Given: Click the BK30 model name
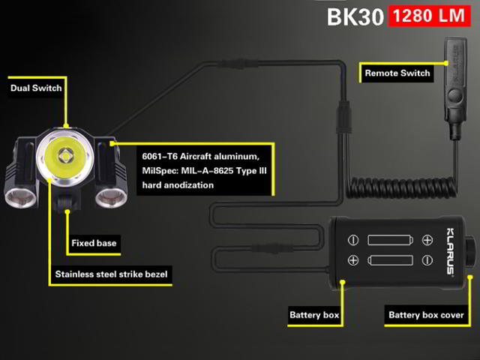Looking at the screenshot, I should click(x=355, y=16).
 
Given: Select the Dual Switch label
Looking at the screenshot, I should click(x=36, y=88).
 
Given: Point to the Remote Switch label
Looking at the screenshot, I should click(x=397, y=73).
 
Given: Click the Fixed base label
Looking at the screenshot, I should click(x=94, y=243).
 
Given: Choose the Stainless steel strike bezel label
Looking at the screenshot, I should click(x=112, y=274).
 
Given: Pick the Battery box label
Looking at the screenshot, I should click(x=314, y=314).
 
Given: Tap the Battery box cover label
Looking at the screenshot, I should click(x=426, y=315).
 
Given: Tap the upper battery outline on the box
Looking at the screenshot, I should click(x=389, y=241).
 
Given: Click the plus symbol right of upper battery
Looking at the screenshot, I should click(x=427, y=241).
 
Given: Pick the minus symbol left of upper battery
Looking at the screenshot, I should click(x=353, y=241).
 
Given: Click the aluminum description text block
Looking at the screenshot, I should click(x=203, y=170).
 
